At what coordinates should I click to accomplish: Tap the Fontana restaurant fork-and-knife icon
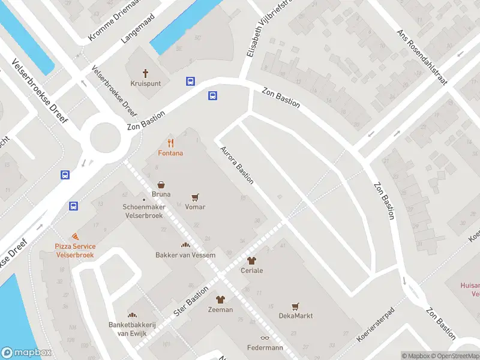click(171, 143)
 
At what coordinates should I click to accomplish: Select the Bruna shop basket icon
click(161, 185)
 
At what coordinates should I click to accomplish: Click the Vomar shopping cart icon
click(195, 197)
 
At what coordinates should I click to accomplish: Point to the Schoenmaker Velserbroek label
click(143, 211)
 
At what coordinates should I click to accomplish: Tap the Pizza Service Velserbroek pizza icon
click(74, 237)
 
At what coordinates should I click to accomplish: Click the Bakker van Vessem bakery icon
click(185, 245)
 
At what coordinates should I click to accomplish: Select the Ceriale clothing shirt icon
click(251, 260)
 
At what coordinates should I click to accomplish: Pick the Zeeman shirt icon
click(220, 299)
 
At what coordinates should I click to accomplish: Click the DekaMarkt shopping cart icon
click(295, 306)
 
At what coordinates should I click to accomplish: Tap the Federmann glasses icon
click(265, 338)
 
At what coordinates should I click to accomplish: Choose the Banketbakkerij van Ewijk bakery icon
click(132, 315)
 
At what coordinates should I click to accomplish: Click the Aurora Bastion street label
click(237, 164)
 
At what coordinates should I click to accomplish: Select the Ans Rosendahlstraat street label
click(422, 58)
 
